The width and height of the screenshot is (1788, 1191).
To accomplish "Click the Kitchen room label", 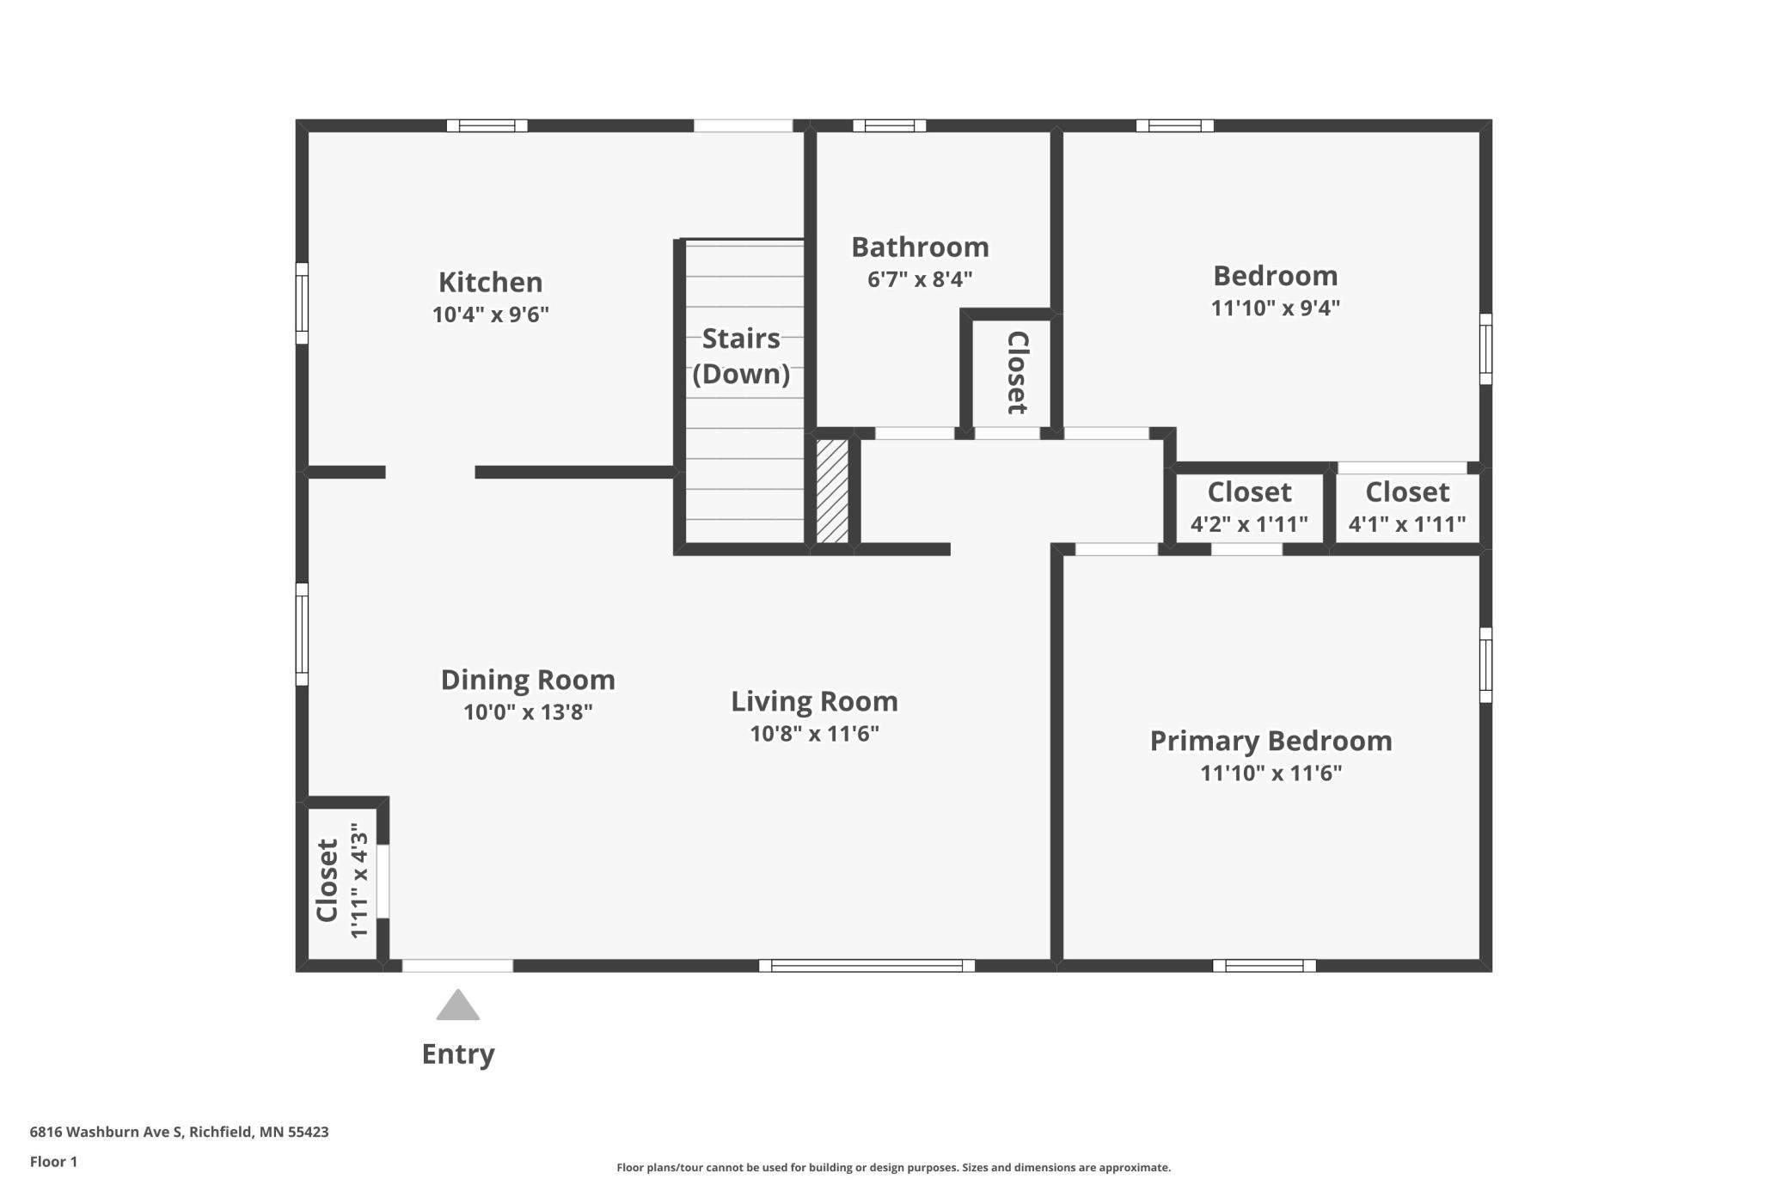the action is coord(490,282).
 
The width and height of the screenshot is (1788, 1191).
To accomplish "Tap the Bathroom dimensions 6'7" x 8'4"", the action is coord(920,279).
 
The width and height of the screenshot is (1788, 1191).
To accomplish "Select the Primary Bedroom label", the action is coord(1271,741).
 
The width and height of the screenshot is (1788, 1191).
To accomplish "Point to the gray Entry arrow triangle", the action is coord(457,1005).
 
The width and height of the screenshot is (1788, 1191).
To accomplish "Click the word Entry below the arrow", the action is coord(458,1054).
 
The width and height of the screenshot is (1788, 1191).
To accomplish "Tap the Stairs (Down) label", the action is coord(741,356).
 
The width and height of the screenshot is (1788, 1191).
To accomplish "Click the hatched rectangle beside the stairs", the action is coord(832,491).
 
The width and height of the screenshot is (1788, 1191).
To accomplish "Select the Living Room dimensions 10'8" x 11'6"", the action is coord(814,734).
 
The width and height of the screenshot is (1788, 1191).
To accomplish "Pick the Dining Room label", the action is coord(528,680).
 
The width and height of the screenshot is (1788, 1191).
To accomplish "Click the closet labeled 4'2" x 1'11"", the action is coord(1249,507).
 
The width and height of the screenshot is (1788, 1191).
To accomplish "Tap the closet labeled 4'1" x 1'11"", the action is coord(1407,507).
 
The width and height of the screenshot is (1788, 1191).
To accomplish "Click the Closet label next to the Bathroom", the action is coord(1017,372).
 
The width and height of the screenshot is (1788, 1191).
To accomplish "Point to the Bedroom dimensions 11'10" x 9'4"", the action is coord(1276,308).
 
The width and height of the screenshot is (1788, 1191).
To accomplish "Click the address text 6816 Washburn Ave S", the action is coord(106,1132).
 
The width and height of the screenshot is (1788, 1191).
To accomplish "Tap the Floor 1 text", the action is coord(53,1162).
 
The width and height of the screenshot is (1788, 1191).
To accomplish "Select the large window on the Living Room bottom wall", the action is coord(866,966).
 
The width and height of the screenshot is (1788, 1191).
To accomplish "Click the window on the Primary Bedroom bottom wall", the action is coord(1264,966).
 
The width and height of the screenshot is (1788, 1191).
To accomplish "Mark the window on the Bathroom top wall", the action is coord(889,125).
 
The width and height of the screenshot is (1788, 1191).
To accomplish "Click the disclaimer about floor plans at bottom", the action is coord(894,1167).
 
